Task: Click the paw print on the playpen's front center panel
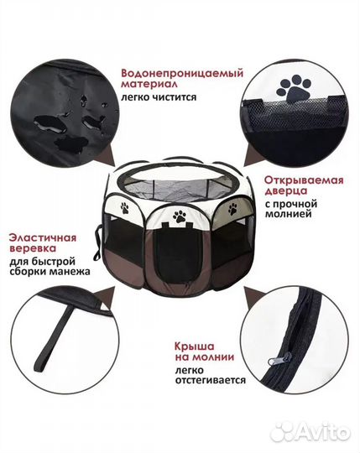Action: pyautogui.click(x=179, y=216)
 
